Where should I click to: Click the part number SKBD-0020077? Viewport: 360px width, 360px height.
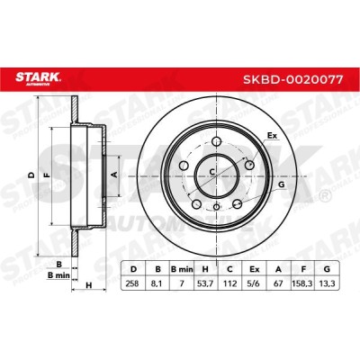point(292,80)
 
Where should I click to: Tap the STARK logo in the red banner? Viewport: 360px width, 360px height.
point(38,78)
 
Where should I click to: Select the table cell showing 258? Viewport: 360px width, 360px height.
point(132,283)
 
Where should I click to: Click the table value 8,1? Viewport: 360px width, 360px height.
point(157,283)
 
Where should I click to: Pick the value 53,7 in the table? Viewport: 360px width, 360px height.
point(206,283)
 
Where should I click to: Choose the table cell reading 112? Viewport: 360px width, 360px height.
point(229,283)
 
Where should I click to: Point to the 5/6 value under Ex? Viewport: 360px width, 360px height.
point(255,283)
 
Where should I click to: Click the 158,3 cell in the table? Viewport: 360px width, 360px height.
point(303,283)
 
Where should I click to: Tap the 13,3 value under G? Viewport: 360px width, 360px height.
point(327,283)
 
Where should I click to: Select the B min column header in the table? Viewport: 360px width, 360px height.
point(182,269)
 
